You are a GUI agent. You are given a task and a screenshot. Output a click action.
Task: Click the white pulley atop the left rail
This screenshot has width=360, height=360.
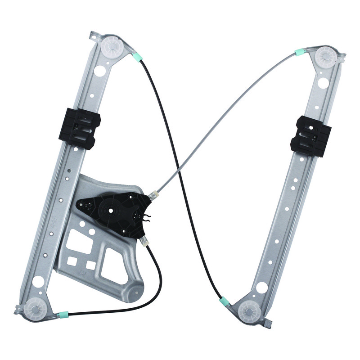pyautogui.click(x=111, y=46)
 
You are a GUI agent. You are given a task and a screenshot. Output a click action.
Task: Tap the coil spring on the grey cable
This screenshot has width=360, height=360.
pyautogui.click(x=154, y=195)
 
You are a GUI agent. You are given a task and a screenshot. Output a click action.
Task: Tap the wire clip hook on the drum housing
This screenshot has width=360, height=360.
pyautogui.click(x=146, y=219)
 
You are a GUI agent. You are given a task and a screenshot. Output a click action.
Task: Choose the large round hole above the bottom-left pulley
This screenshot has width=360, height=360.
pyautogui.click(x=38, y=282)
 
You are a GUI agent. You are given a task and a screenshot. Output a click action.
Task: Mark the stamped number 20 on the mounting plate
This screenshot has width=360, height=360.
pyautogui.click(x=82, y=273)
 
